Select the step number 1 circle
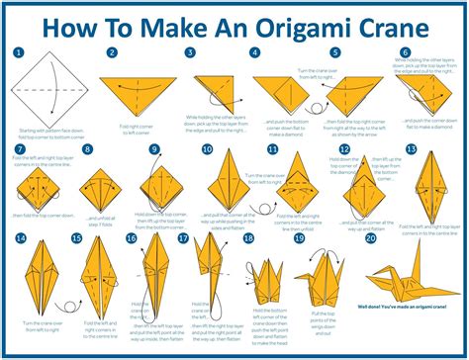coord(19,52)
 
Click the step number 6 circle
coord(405,52)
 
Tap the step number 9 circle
coord(154,149)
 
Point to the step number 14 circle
coord(20,238)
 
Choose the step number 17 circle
coord(183,238)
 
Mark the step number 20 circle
coord(369,238)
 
